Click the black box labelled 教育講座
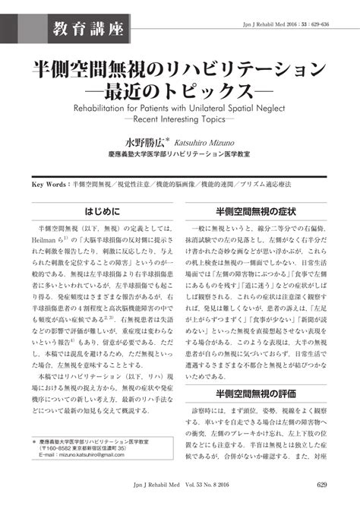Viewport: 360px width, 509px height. point(89,30)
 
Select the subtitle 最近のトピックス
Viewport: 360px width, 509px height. point(180,94)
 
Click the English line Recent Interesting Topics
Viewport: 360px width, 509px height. point(180,120)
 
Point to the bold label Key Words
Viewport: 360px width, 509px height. point(49,185)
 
